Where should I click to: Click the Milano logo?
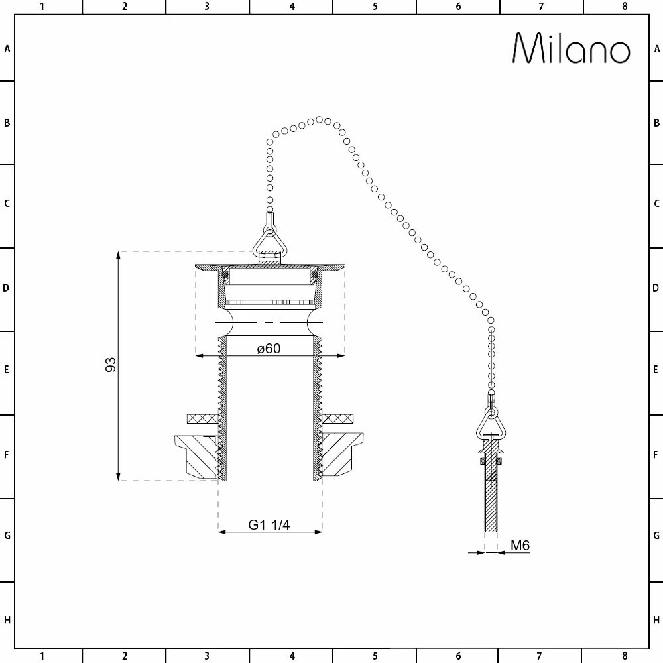572,48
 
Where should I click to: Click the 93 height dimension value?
111,364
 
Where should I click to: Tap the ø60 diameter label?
269,349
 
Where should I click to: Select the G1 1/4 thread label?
269,524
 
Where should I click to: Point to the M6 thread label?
520,546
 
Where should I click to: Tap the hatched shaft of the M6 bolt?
491,504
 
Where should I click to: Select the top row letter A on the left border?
7,48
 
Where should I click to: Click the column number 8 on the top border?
625,7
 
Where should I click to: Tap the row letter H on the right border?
656,620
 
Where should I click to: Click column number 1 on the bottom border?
42,656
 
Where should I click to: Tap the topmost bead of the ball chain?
319,119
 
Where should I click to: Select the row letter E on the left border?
7,370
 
